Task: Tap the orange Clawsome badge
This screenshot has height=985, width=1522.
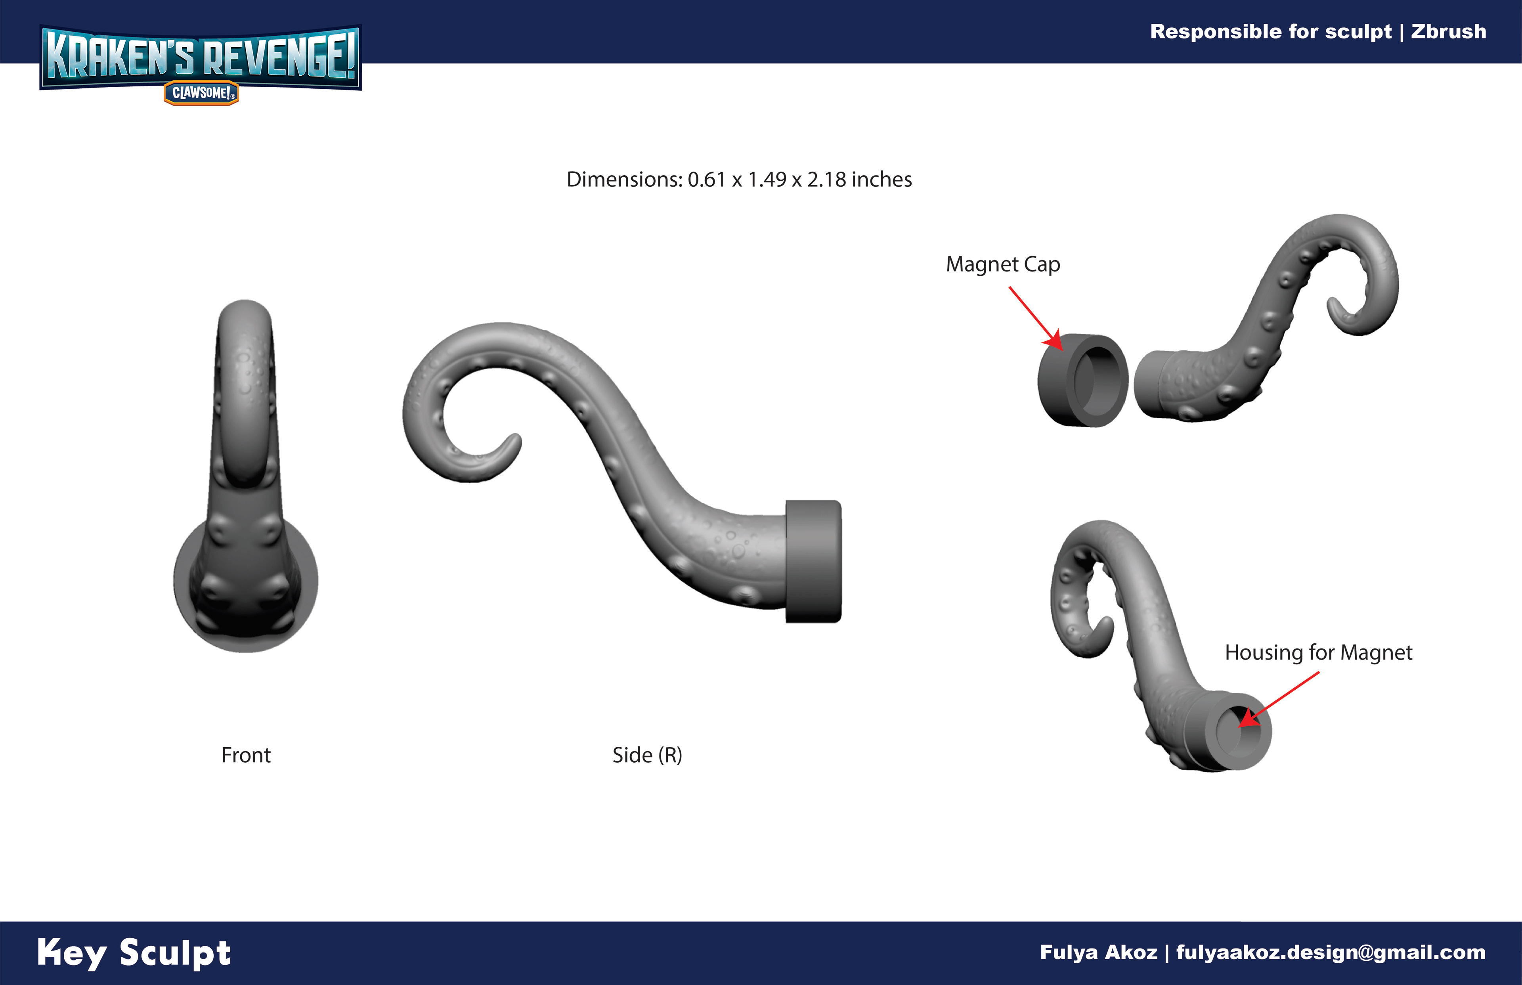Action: [x=201, y=93]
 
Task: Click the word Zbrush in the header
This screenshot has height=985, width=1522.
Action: [x=1448, y=31]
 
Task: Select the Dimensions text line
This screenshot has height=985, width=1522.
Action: [x=739, y=180]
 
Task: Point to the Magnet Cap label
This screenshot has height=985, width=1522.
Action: [x=1003, y=264]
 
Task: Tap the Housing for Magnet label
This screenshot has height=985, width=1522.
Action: [x=1319, y=652]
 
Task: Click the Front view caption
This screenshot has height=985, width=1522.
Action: [x=246, y=755]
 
